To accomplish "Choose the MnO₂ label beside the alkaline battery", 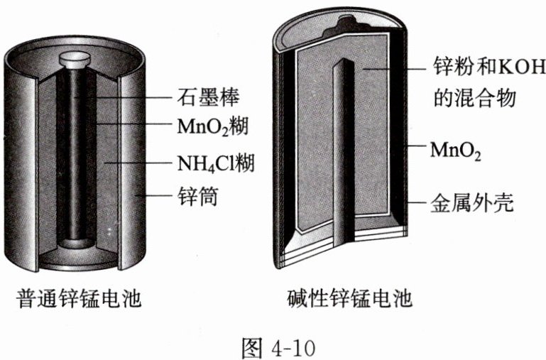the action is pyautogui.click(x=455, y=150).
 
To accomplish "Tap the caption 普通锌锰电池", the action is pyautogui.click(x=80, y=298).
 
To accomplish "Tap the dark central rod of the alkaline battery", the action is pyautogui.click(x=346, y=142).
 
